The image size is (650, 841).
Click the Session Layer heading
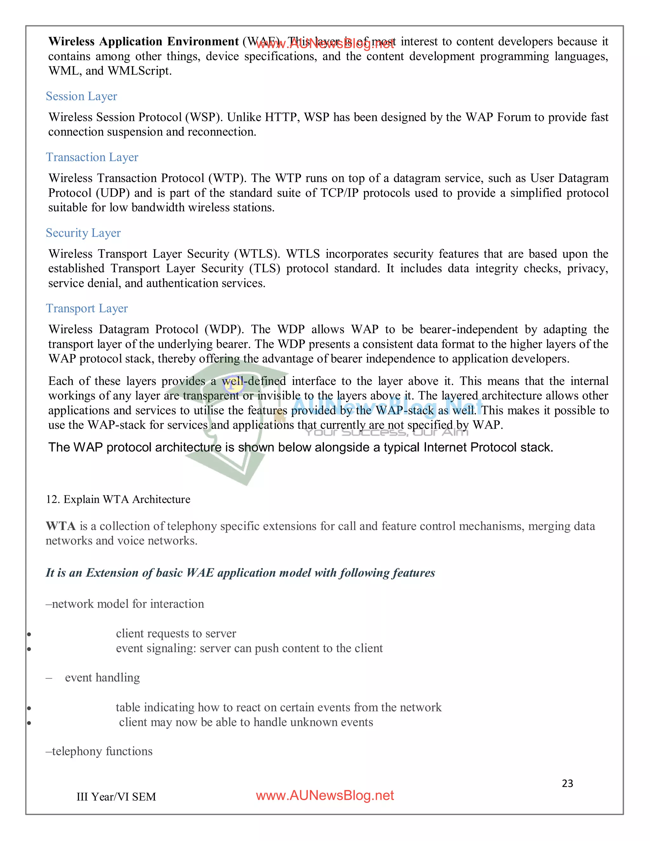coord(81,96)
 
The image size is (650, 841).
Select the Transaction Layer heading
coord(92,157)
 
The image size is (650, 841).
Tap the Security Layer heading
coord(83,233)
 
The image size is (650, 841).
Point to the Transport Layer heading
coord(87,308)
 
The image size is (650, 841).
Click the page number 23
coord(567,783)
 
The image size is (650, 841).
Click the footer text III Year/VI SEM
coord(116,797)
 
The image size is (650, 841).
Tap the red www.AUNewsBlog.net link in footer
coord(325,796)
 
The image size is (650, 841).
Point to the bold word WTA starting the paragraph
coord(60,526)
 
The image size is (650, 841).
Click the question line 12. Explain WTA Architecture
coord(118,500)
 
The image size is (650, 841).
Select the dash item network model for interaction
coord(125,604)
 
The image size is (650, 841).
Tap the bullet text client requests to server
coord(176,633)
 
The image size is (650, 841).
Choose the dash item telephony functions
coord(99,751)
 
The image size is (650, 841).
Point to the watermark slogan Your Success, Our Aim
coord(387,433)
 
